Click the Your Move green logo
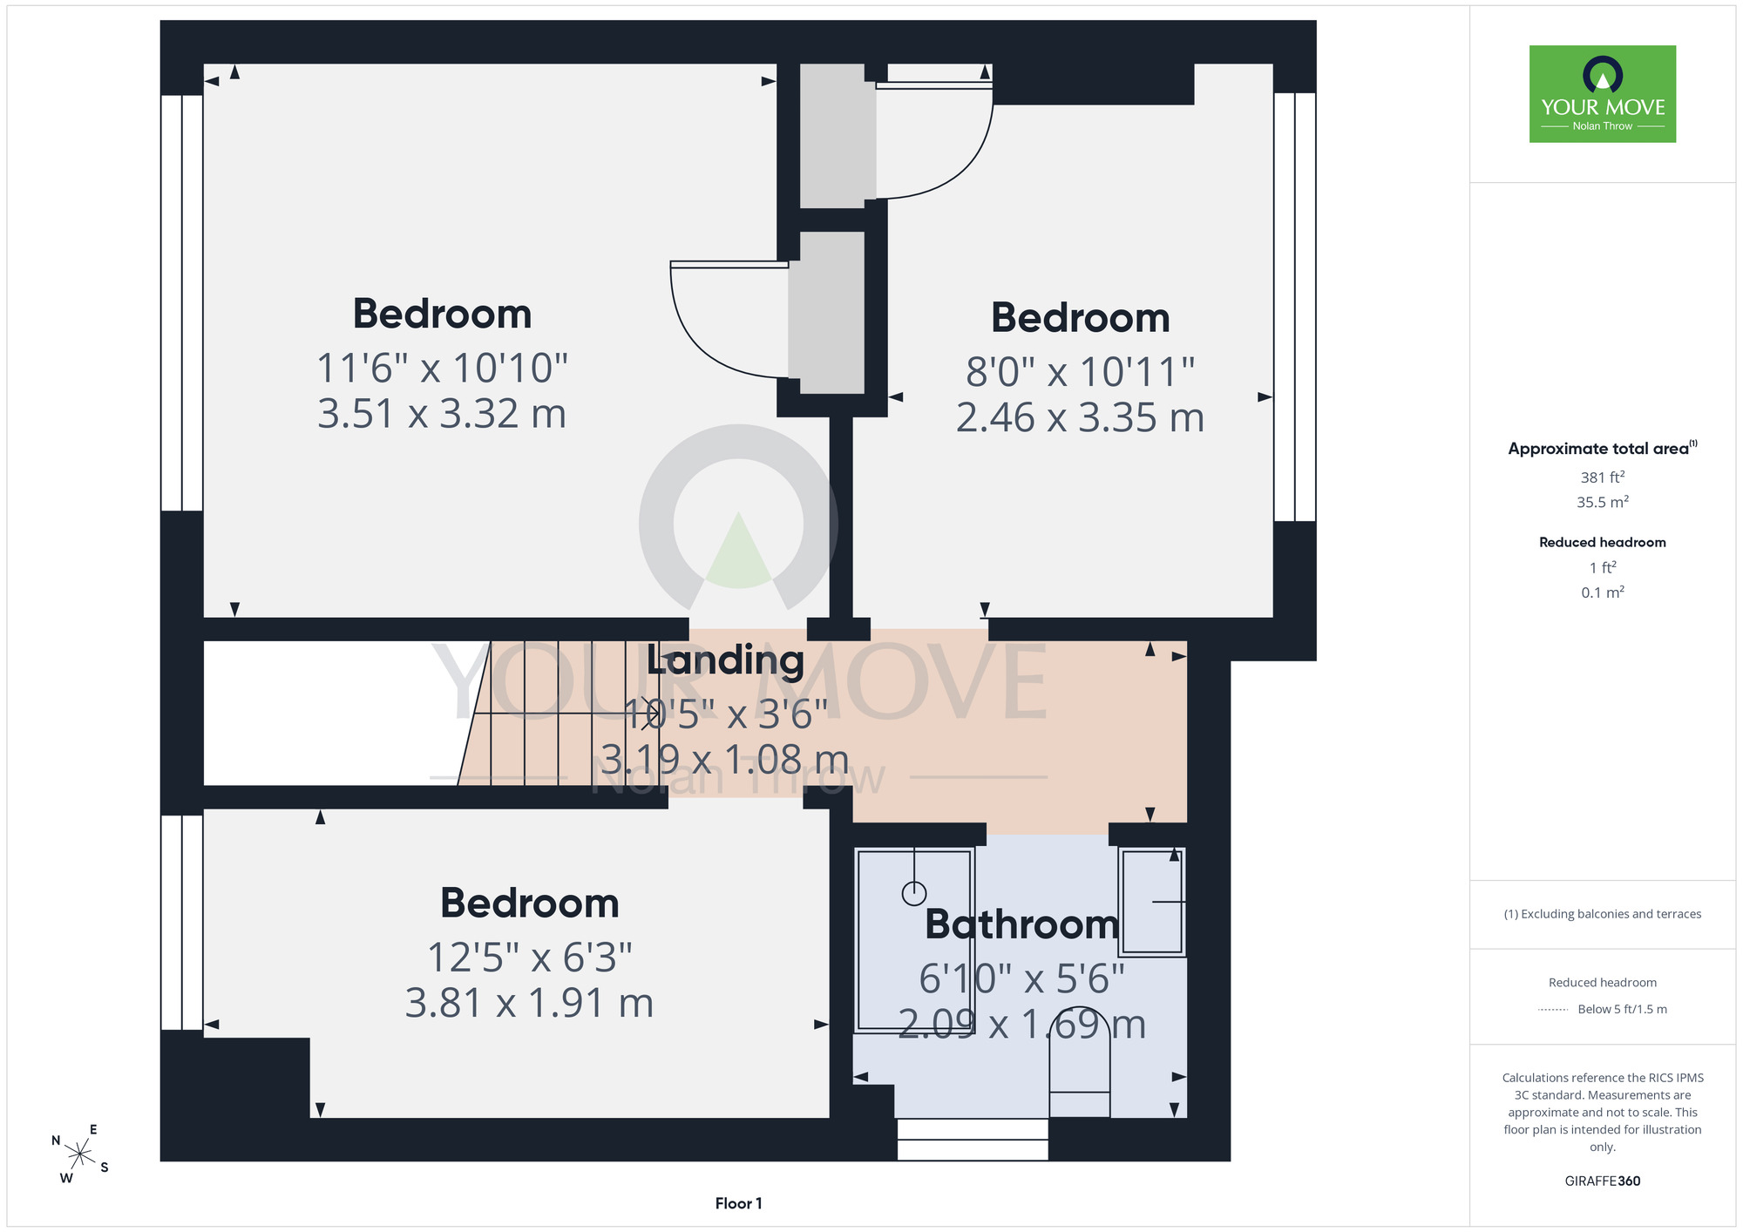tap(1603, 94)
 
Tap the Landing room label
tap(725, 660)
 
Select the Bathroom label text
tap(1021, 924)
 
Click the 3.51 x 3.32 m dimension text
tap(442, 413)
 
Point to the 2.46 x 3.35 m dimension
tap(1080, 417)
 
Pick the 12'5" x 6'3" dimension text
tap(529, 958)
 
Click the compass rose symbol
tap(79, 1154)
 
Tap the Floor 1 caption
tap(738, 1203)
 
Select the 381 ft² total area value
tap(1603, 477)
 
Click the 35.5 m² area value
tap(1603, 502)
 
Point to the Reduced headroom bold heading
tap(1603, 542)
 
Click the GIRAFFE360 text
tap(1603, 1181)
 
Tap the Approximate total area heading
tap(1603, 448)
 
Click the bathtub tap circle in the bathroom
tap(914, 893)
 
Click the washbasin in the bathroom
tap(1152, 902)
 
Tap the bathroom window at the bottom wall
tap(973, 1140)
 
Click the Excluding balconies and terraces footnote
tap(1603, 914)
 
